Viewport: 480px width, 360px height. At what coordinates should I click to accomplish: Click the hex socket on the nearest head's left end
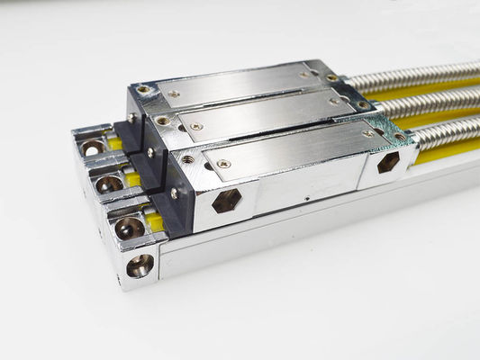point(227,200)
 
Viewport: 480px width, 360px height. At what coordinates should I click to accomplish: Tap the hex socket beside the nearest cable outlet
point(388,162)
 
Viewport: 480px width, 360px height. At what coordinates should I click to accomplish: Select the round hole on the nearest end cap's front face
point(140,265)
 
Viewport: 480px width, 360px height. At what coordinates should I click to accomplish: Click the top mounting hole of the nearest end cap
point(128,228)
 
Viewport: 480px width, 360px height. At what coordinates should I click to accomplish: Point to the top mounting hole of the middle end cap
point(109,184)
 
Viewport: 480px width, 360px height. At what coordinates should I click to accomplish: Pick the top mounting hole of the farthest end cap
point(92,148)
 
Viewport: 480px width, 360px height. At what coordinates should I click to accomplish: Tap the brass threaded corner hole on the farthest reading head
point(143,90)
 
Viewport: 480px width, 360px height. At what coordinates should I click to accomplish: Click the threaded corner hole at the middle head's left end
point(162,121)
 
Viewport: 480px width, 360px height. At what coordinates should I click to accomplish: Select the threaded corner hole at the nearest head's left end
point(186,160)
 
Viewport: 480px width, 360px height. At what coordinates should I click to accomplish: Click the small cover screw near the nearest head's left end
point(223,164)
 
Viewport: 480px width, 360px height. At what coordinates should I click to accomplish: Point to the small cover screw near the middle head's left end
point(196,126)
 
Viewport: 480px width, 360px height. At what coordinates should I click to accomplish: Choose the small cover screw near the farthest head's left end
point(174,94)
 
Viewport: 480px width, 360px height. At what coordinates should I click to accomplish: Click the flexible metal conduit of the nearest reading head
point(446,132)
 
